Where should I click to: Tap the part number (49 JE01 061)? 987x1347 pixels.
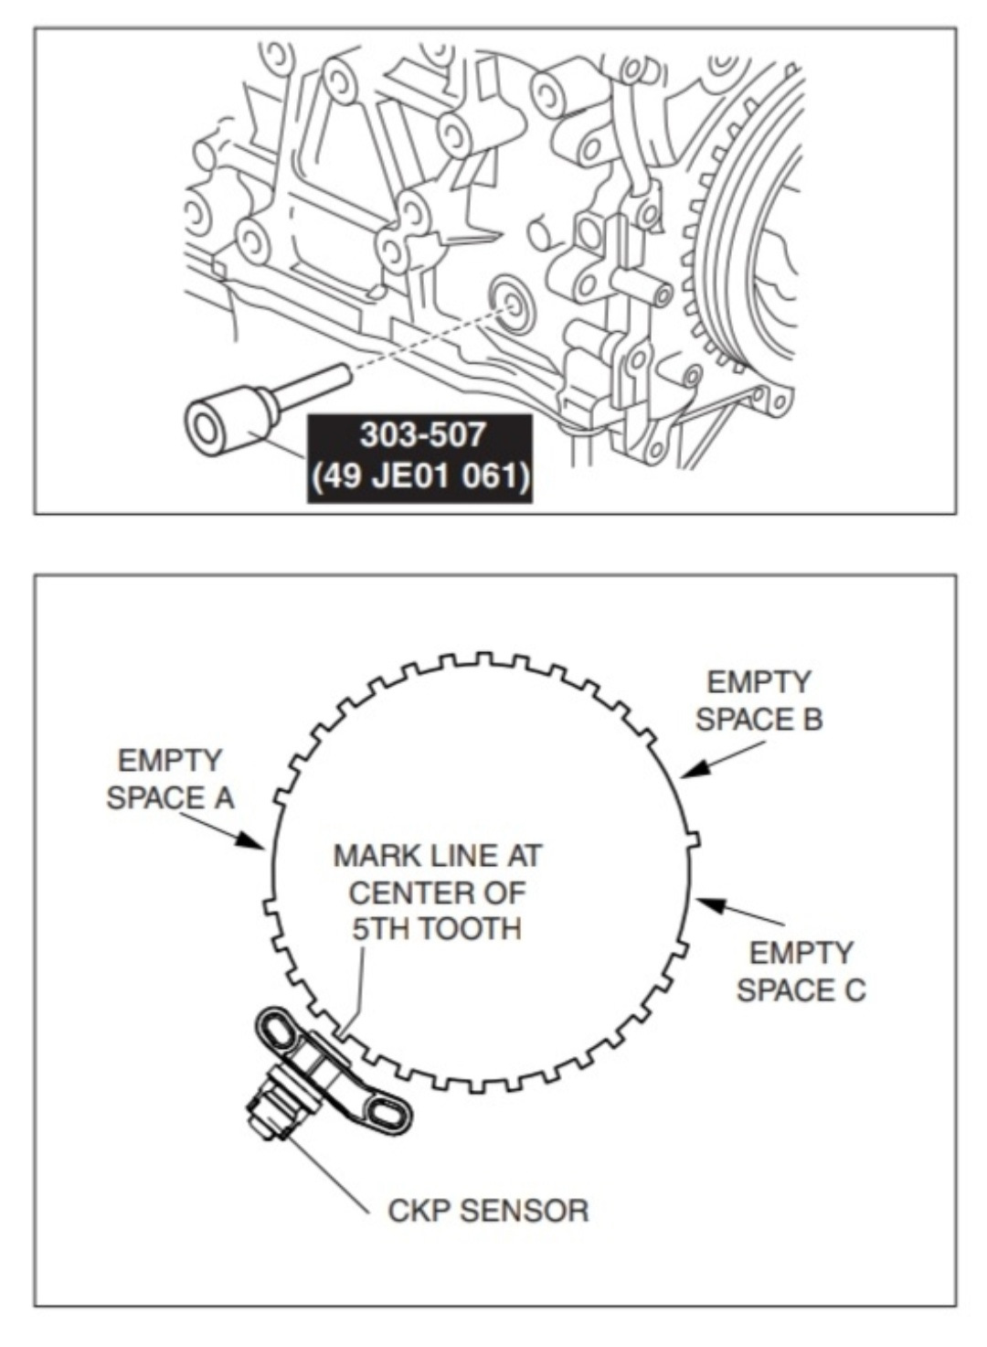(420, 476)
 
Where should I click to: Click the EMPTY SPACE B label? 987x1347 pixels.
(759, 700)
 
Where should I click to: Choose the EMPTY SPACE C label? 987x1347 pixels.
(801, 971)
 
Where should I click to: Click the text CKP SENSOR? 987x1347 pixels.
(488, 1211)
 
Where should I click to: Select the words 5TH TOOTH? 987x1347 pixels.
(437, 929)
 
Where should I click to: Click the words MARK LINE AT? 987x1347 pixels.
(437, 856)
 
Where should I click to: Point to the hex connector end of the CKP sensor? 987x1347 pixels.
(267, 1116)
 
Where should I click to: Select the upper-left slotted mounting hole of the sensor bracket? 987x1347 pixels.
(278, 1029)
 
